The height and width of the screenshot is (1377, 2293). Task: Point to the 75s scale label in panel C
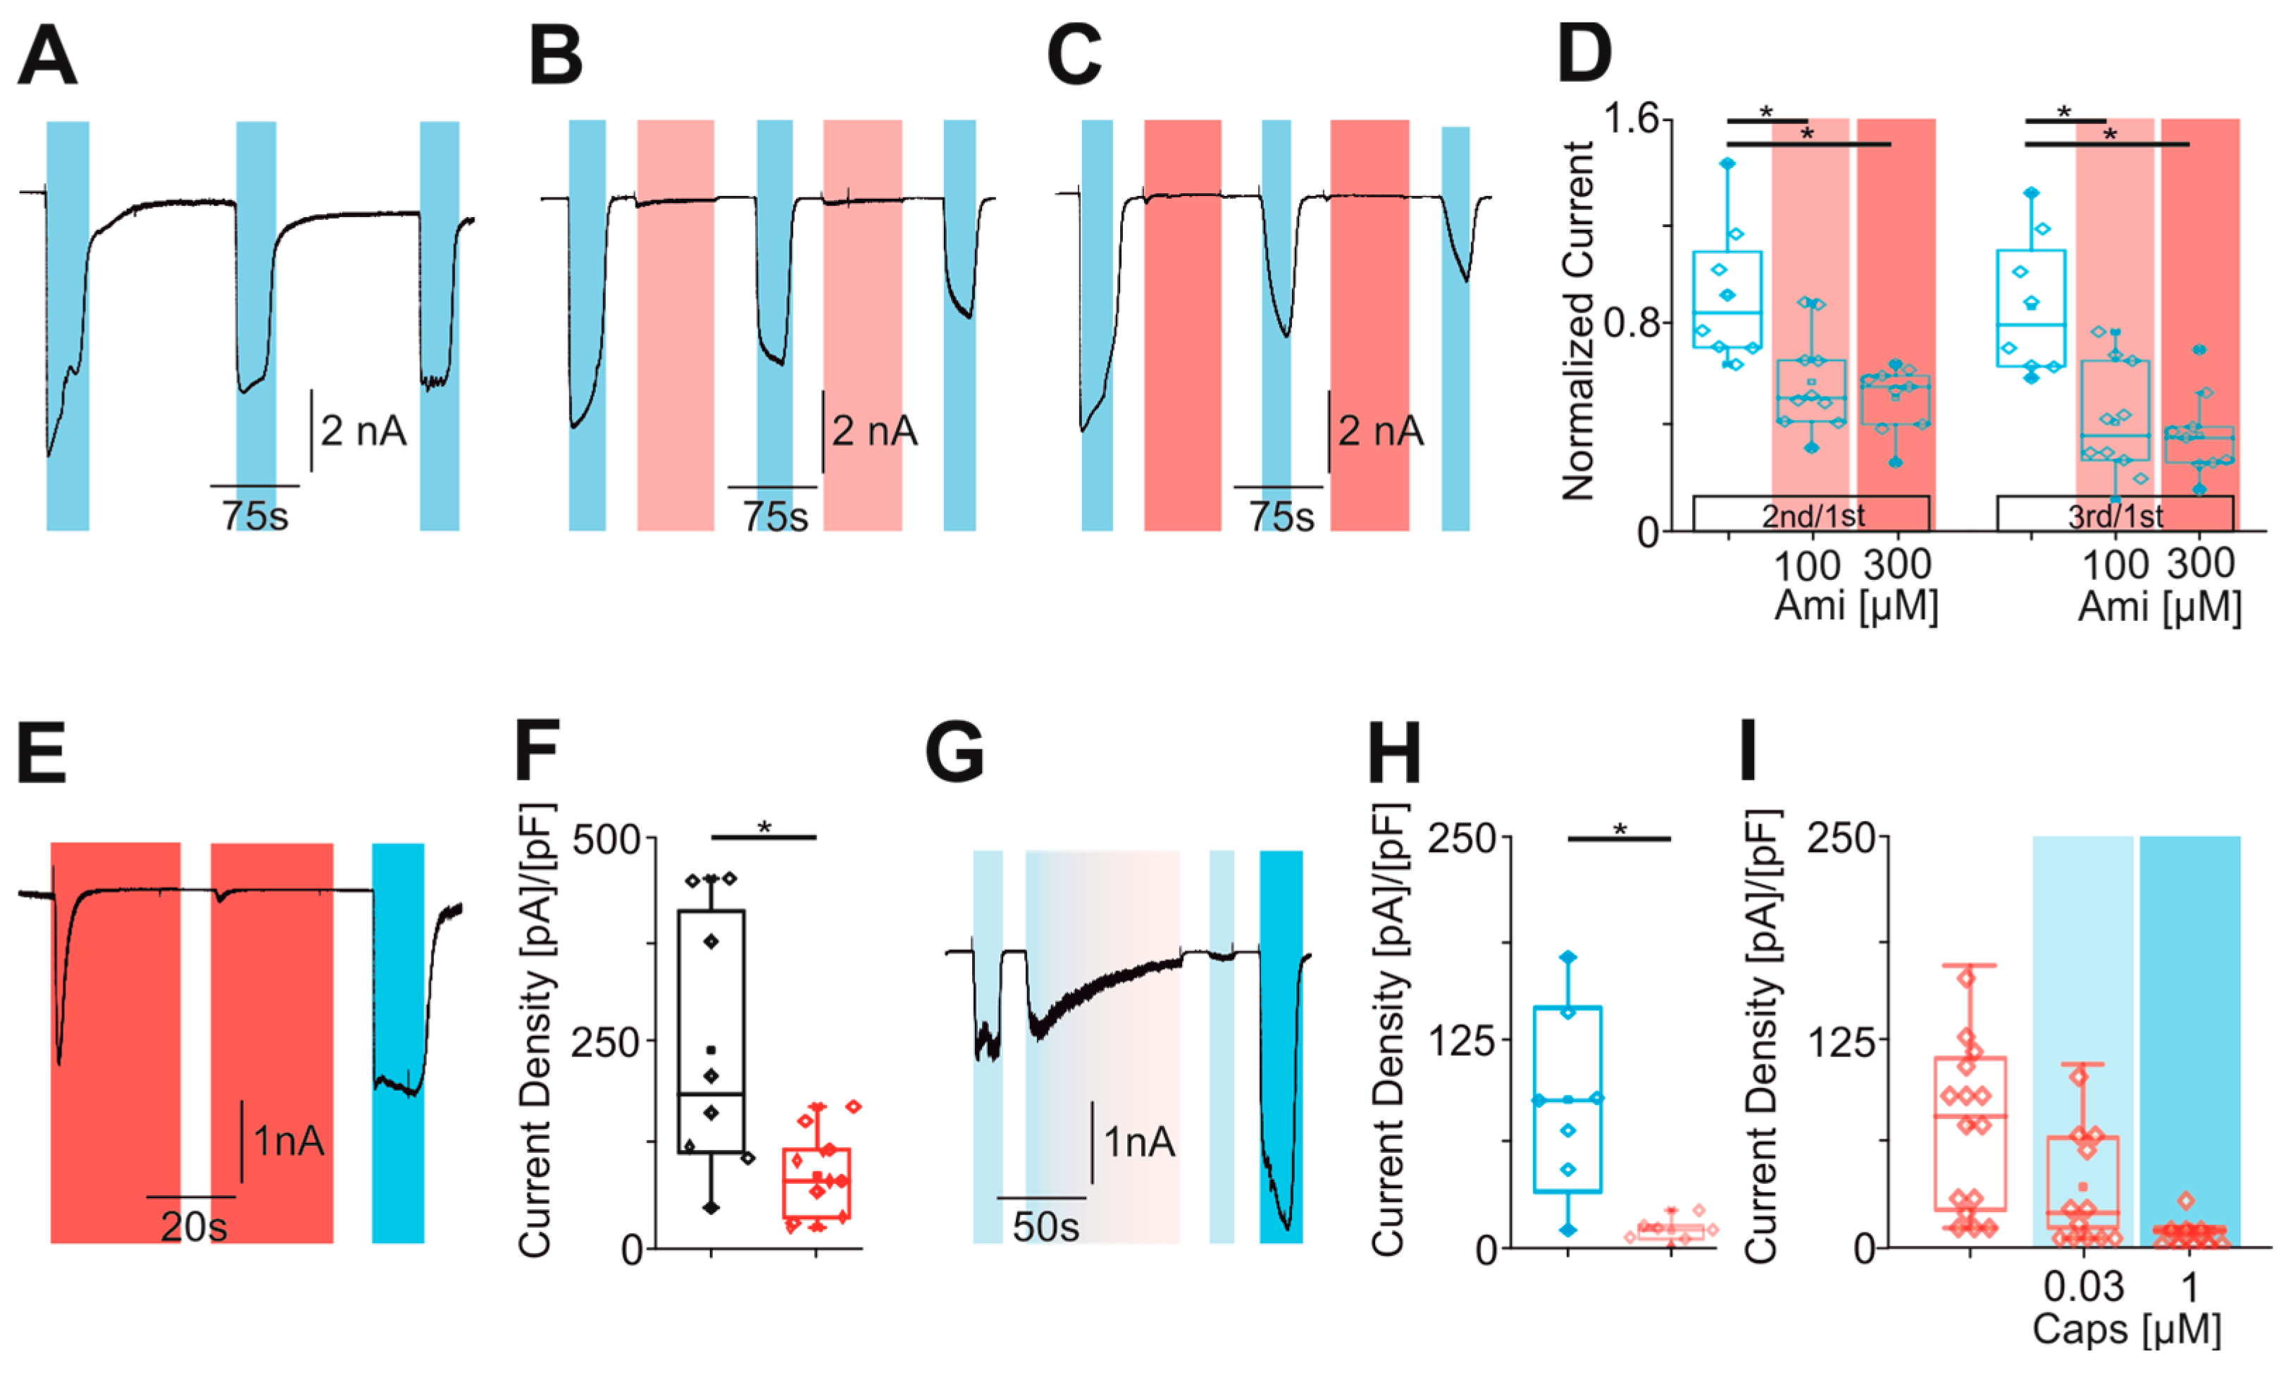1280,516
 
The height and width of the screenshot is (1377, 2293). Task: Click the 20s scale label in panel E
193,1227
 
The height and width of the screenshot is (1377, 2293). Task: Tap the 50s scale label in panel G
1045,1227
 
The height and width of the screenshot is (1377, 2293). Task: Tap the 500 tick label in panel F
607,840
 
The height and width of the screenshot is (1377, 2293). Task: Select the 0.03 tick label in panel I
2083,1287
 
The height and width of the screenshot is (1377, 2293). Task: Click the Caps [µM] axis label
2126,1330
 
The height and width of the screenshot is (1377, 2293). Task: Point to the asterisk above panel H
1620,829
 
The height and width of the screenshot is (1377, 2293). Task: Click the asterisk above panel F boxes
764,827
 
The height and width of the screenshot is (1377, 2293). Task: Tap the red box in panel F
816,1183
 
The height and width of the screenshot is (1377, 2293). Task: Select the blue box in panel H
1567,1099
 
